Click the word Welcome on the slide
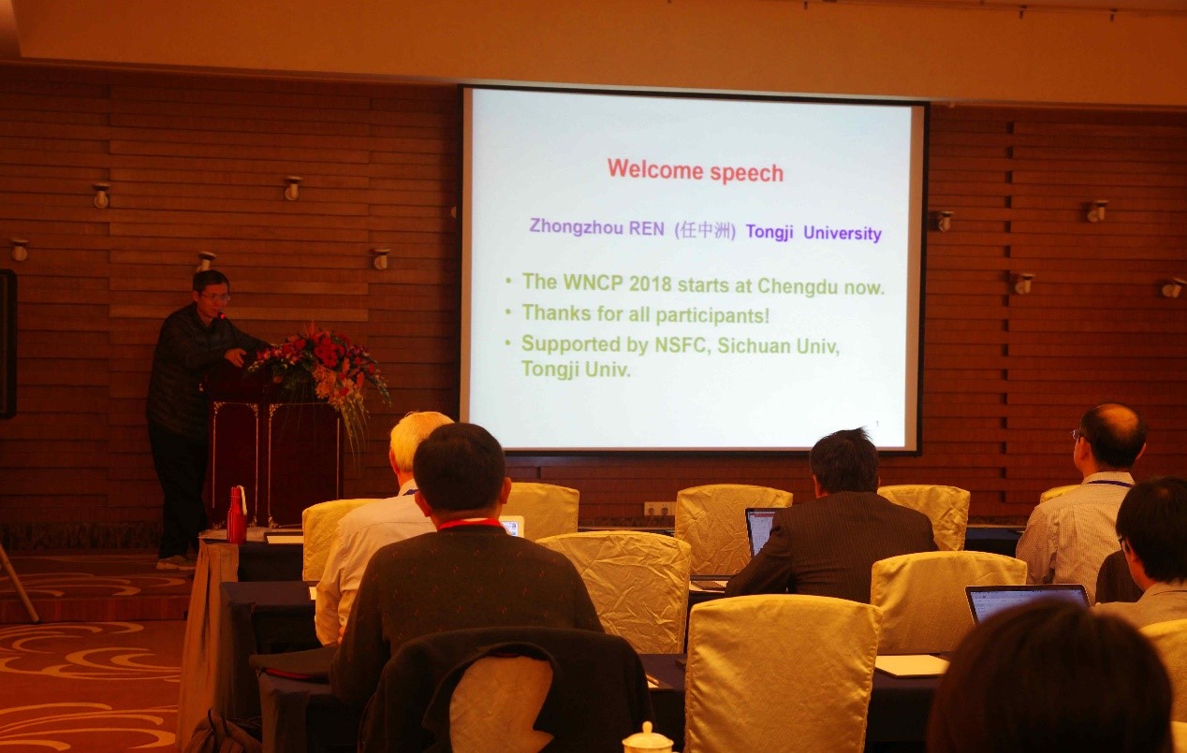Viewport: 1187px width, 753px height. (x=655, y=169)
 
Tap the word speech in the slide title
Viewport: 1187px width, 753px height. (x=747, y=174)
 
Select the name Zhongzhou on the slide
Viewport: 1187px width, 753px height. (x=576, y=226)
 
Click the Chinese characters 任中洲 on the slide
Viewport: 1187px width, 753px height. (x=704, y=230)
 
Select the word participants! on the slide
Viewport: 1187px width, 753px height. (x=712, y=316)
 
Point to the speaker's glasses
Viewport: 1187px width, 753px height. (x=214, y=297)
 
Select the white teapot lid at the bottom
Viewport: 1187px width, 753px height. (x=647, y=738)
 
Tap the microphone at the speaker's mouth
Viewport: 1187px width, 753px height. (x=222, y=315)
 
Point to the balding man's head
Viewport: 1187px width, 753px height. (x=1110, y=436)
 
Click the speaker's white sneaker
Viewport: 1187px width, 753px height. (x=176, y=562)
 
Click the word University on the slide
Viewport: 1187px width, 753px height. (x=842, y=233)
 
